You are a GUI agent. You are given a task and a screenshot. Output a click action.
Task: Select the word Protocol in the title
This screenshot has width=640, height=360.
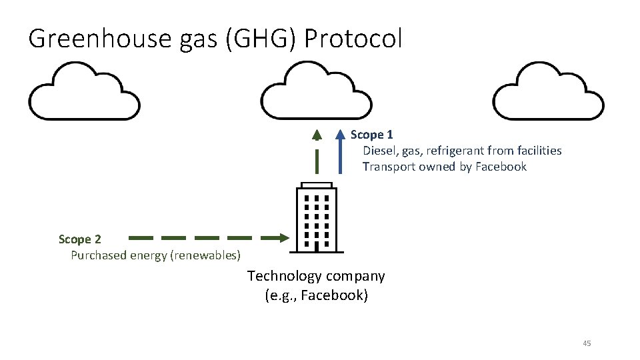[353, 39]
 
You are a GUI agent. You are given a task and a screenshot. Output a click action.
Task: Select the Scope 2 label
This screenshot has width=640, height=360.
[80, 239]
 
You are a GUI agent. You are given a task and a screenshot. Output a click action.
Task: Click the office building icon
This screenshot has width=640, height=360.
[317, 217]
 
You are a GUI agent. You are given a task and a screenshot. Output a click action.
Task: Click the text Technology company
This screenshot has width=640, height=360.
[316, 276]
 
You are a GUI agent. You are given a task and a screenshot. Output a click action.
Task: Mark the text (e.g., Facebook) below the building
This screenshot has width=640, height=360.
[316, 295]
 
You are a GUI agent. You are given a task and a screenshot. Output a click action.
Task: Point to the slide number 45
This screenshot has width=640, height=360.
[587, 343]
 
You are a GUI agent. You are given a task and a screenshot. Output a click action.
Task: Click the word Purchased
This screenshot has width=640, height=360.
[97, 255]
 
